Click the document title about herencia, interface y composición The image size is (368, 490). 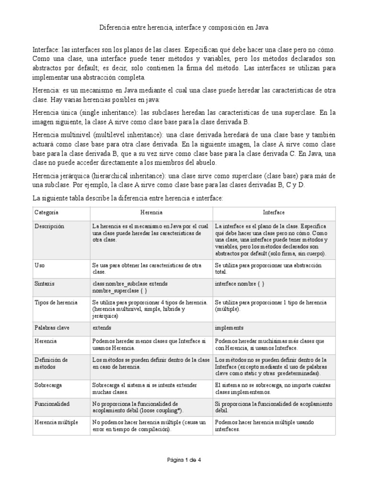pos(184,28)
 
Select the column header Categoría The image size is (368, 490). pos(46,212)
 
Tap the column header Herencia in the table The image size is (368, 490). pos(151,212)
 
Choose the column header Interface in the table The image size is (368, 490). pos(274,212)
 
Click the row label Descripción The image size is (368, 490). pos(49,226)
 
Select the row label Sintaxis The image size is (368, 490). pos(45,284)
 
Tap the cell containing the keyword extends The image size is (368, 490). pos(102,328)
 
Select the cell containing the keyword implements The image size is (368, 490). pos(229,328)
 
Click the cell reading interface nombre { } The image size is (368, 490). pos(240,284)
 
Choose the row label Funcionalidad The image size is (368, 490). pos(52,404)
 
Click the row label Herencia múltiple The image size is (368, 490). pos(56,423)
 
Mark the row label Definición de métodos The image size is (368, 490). pos(51,363)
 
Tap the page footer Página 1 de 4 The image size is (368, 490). pos(184,460)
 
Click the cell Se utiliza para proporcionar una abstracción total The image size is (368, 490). pos(268,268)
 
